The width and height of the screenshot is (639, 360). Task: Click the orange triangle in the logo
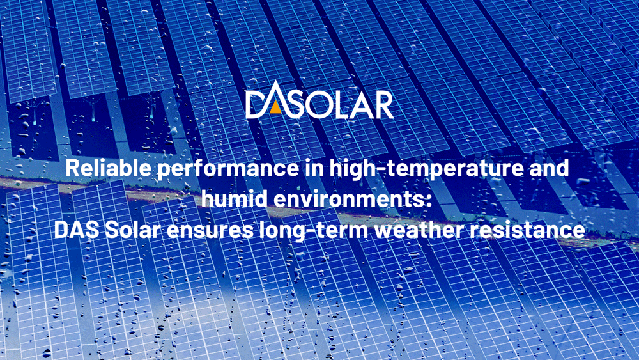pyautogui.click(x=274, y=107)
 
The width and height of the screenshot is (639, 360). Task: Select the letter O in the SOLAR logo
pyautogui.click(x=314, y=104)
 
